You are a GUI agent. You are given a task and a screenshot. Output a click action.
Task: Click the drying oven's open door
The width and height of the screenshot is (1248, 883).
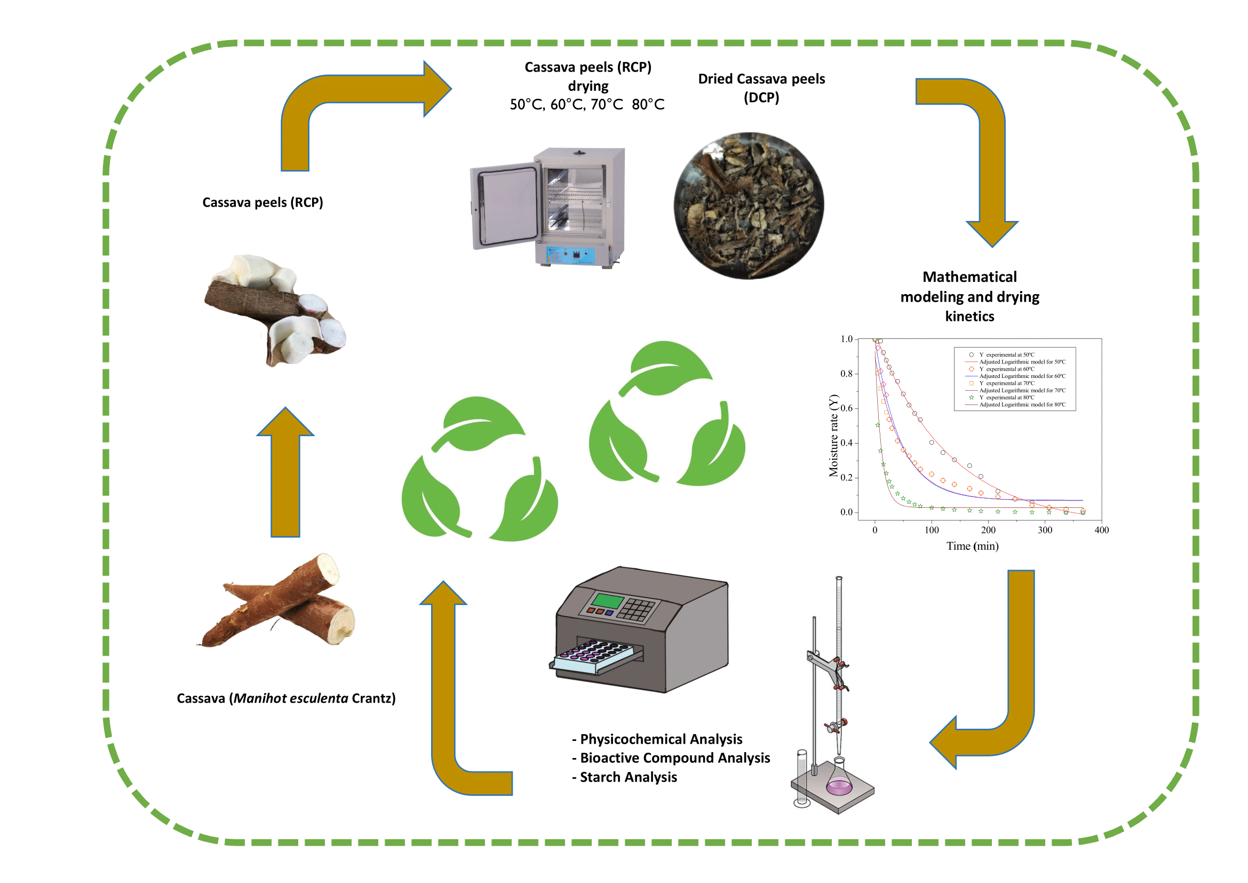click(x=504, y=206)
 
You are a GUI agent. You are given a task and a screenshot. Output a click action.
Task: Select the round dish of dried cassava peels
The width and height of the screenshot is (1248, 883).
click(x=749, y=206)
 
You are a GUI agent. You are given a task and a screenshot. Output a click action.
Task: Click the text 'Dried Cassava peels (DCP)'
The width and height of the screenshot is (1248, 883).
click(x=761, y=88)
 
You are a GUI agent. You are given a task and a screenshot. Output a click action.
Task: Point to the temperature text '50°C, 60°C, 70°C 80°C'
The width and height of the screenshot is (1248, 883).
click(x=586, y=105)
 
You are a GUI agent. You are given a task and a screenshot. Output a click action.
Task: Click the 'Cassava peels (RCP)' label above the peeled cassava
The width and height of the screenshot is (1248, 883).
click(x=263, y=202)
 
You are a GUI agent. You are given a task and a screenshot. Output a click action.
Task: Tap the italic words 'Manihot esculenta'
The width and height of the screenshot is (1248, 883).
click(x=290, y=698)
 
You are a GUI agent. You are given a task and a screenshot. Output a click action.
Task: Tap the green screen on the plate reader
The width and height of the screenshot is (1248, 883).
click(x=607, y=601)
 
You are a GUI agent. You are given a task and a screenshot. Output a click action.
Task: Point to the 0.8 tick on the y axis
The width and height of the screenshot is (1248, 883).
click(x=847, y=374)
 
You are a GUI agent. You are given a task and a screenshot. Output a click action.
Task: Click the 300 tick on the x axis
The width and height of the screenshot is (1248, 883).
click(x=1045, y=530)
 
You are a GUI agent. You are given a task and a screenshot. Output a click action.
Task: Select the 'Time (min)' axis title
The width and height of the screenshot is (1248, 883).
click(x=973, y=546)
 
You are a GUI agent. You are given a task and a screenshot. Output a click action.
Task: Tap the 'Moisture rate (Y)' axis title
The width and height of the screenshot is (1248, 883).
click(x=833, y=436)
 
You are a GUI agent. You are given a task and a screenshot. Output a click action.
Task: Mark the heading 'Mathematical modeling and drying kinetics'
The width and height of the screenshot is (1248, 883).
click(x=969, y=296)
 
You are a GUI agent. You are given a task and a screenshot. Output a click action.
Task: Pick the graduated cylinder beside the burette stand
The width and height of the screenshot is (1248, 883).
click(x=801, y=777)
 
